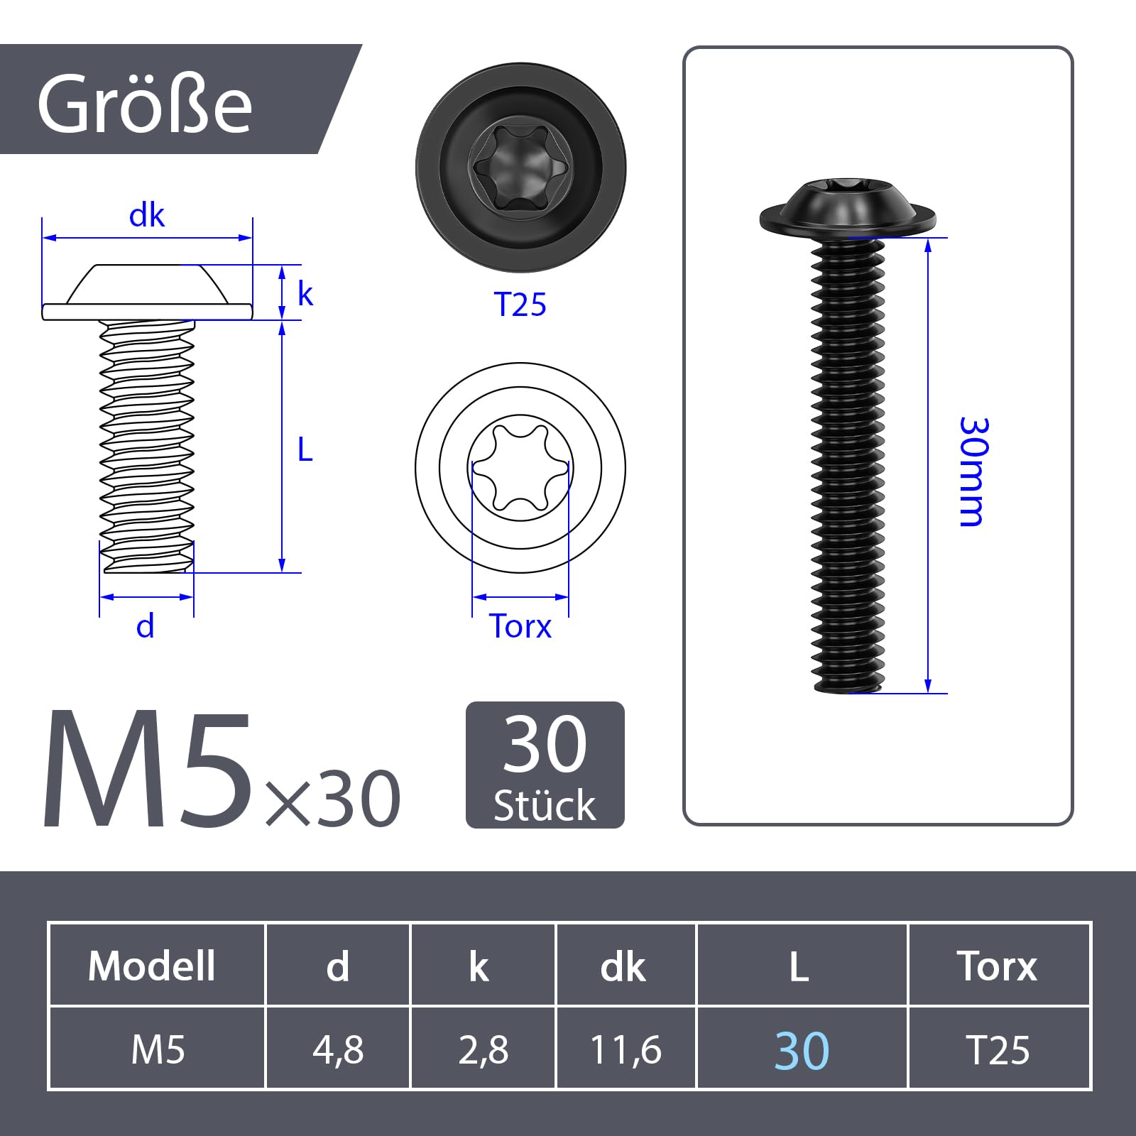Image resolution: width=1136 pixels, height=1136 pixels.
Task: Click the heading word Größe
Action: (145, 104)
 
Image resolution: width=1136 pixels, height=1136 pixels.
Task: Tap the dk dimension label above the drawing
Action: (147, 216)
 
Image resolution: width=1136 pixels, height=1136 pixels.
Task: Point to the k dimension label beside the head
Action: (305, 293)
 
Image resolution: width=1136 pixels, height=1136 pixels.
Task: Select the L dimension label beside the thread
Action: (305, 449)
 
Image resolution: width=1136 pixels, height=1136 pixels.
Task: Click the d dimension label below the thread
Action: (146, 626)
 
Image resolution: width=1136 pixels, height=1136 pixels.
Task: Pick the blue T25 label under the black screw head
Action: (520, 305)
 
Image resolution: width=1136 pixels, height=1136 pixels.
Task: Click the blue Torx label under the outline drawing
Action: (520, 626)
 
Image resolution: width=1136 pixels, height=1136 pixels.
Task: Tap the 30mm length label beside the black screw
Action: (973, 471)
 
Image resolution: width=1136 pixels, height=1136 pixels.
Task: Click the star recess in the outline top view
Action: (520, 468)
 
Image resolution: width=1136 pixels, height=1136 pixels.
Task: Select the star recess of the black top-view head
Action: (520, 168)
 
